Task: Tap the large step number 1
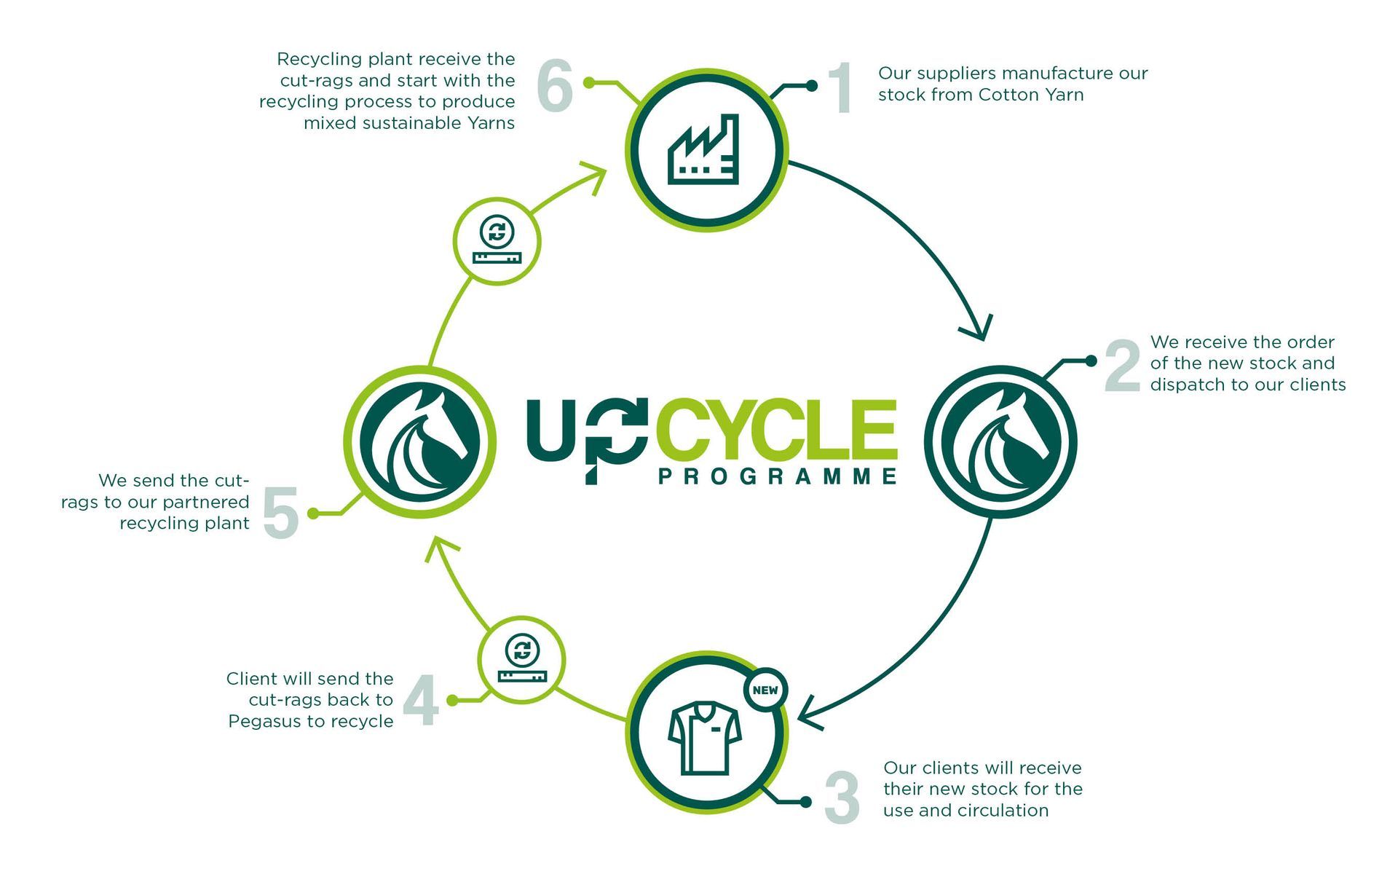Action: tap(842, 87)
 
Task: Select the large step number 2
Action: tap(1122, 366)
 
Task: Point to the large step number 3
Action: tap(842, 798)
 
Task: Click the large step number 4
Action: tap(421, 700)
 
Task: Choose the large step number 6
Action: tap(555, 85)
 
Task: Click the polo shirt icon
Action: tap(705, 738)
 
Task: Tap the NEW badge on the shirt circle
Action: tap(765, 690)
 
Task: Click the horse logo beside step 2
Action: tap(1000, 441)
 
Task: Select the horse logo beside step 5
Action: tap(420, 441)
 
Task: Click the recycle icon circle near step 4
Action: tap(521, 660)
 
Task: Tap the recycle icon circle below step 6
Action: tap(497, 241)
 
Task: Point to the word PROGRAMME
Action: tap(778, 476)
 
